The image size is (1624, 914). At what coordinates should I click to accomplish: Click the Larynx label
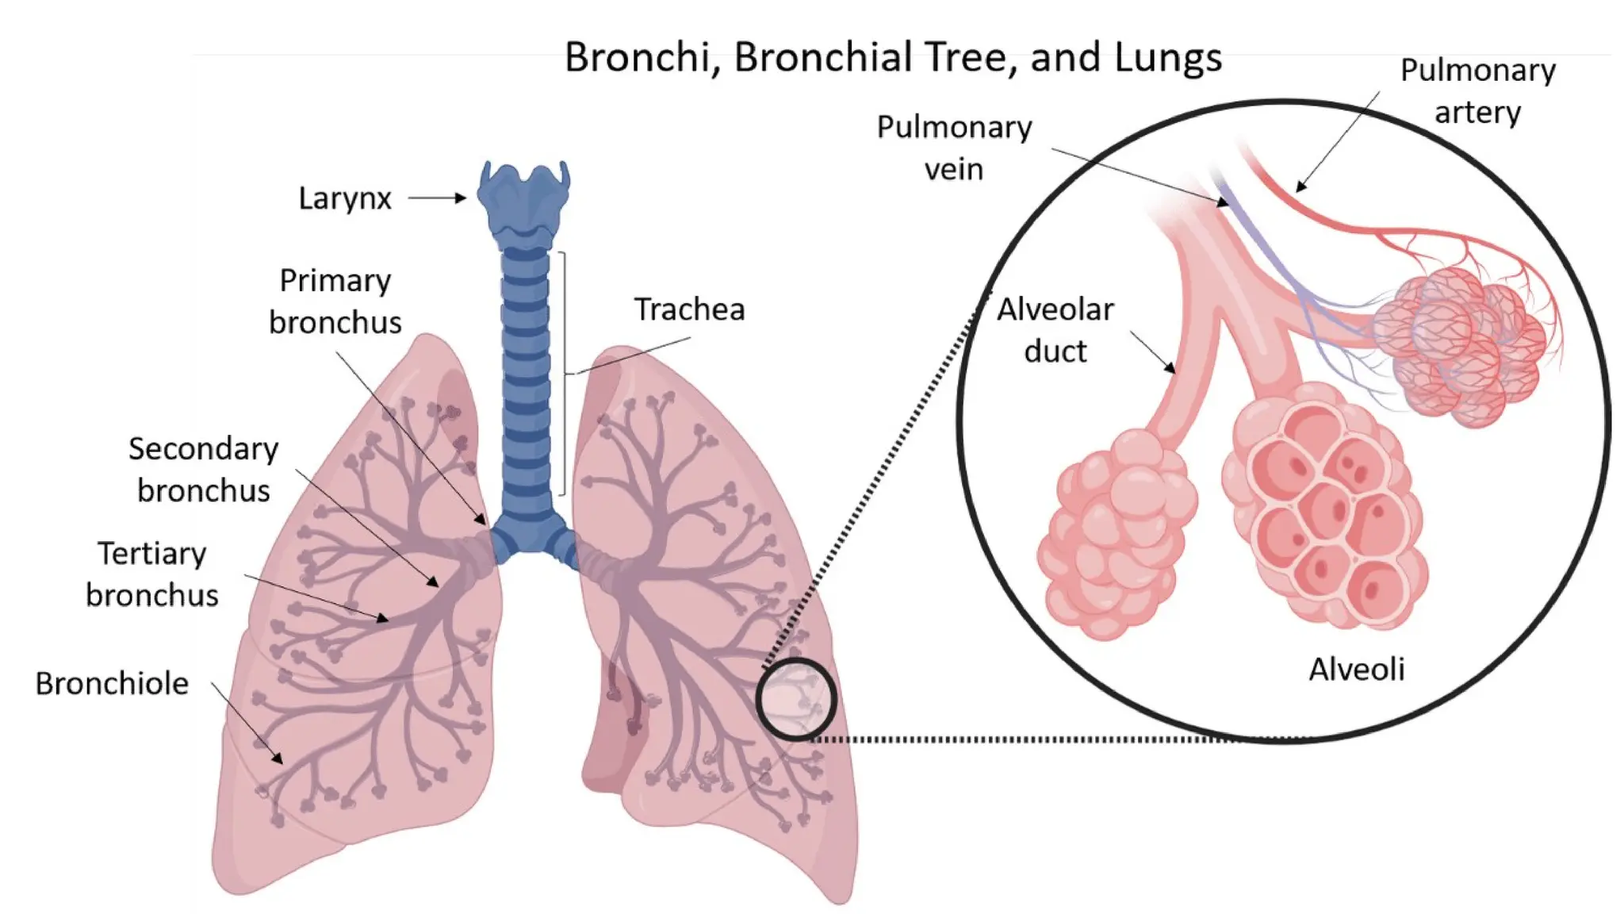pyautogui.click(x=344, y=198)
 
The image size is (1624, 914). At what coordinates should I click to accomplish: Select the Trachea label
pyautogui.click(x=689, y=309)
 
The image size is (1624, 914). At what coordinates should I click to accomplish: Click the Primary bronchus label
pyautogui.click(x=335, y=301)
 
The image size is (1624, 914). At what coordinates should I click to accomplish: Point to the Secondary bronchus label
pyautogui.click(x=203, y=470)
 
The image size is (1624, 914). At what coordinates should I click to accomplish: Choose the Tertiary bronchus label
pyautogui.click(x=151, y=574)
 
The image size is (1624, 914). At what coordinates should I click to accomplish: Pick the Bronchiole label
pyautogui.click(x=112, y=684)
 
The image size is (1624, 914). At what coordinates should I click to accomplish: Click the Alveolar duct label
pyautogui.click(x=1055, y=330)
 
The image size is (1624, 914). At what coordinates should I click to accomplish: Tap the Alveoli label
pyautogui.click(x=1356, y=670)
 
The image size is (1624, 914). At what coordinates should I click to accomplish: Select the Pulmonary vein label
pyautogui.click(x=954, y=148)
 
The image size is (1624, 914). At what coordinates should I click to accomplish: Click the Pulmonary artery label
pyautogui.click(x=1477, y=91)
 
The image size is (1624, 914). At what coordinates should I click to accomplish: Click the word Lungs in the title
pyautogui.click(x=1168, y=58)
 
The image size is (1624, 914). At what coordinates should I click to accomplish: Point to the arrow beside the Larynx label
pyautogui.click(x=437, y=198)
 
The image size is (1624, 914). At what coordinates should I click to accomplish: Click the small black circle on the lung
pyautogui.click(x=795, y=699)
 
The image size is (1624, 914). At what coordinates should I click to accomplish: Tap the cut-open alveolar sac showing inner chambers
pyautogui.click(x=1324, y=508)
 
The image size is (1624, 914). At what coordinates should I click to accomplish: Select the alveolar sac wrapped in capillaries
pyautogui.click(x=1459, y=341)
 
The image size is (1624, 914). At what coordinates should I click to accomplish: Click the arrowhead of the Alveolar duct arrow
pyautogui.click(x=1172, y=369)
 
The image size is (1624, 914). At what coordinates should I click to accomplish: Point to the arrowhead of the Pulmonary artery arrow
pyautogui.click(x=1300, y=188)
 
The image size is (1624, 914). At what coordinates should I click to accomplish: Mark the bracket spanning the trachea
pyautogui.click(x=564, y=373)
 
